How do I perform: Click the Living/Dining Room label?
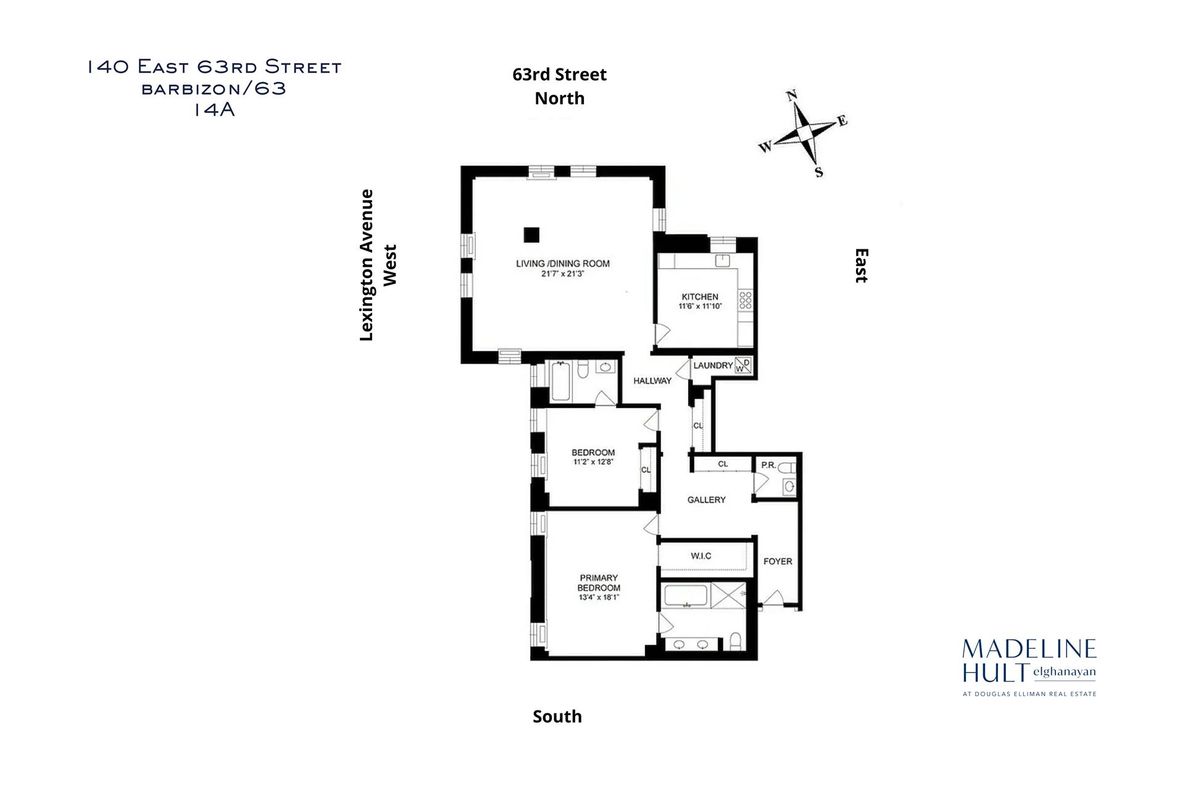tap(562, 264)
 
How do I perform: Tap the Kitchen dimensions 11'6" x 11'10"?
tap(700, 306)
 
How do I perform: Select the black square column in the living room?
tap(531, 235)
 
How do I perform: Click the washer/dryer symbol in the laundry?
tap(744, 366)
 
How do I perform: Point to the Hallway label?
tap(652, 381)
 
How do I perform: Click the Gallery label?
tap(706, 500)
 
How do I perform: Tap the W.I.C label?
tap(701, 556)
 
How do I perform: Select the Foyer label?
tap(777, 562)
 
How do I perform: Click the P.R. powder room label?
tap(768, 465)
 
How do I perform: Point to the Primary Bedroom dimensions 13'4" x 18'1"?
tap(599, 597)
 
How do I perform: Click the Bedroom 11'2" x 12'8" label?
tap(593, 457)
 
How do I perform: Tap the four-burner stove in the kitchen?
tap(745, 301)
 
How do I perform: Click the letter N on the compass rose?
tap(792, 96)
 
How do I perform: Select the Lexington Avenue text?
tap(367, 265)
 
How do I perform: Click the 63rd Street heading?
tap(559, 75)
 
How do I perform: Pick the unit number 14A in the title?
tap(214, 110)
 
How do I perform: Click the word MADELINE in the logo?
tap(1029, 649)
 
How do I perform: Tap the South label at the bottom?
tap(557, 717)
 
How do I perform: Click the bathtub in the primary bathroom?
tap(686, 597)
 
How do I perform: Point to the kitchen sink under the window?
tap(723, 261)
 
